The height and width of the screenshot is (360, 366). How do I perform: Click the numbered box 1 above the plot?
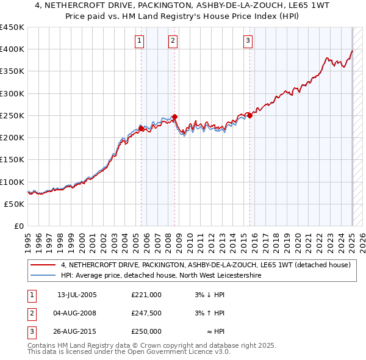click(x=140, y=41)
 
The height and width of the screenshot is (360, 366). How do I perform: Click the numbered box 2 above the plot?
click(x=173, y=41)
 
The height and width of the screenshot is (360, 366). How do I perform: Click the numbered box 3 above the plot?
click(x=248, y=41)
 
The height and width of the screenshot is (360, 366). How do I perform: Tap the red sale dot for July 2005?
click(x=141, y=129)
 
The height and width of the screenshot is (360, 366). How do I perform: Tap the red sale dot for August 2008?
click(x=174, y=117)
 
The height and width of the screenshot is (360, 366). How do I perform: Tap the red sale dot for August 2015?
click(x=250, y=116)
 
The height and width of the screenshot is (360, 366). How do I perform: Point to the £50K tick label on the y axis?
click(x=14, y=204)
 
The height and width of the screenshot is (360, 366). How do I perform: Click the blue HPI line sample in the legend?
click(x=42, y=275)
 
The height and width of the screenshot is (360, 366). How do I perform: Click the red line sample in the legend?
click(x=42, y=265)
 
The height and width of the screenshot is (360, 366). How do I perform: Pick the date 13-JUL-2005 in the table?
click(x=77, y=295)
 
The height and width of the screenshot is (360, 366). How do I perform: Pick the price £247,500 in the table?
click(x=146, y=313)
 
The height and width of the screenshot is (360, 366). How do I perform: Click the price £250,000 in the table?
click(x=146, y=331)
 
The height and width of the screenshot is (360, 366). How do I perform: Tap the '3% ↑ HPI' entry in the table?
click(x=210, y=313)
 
